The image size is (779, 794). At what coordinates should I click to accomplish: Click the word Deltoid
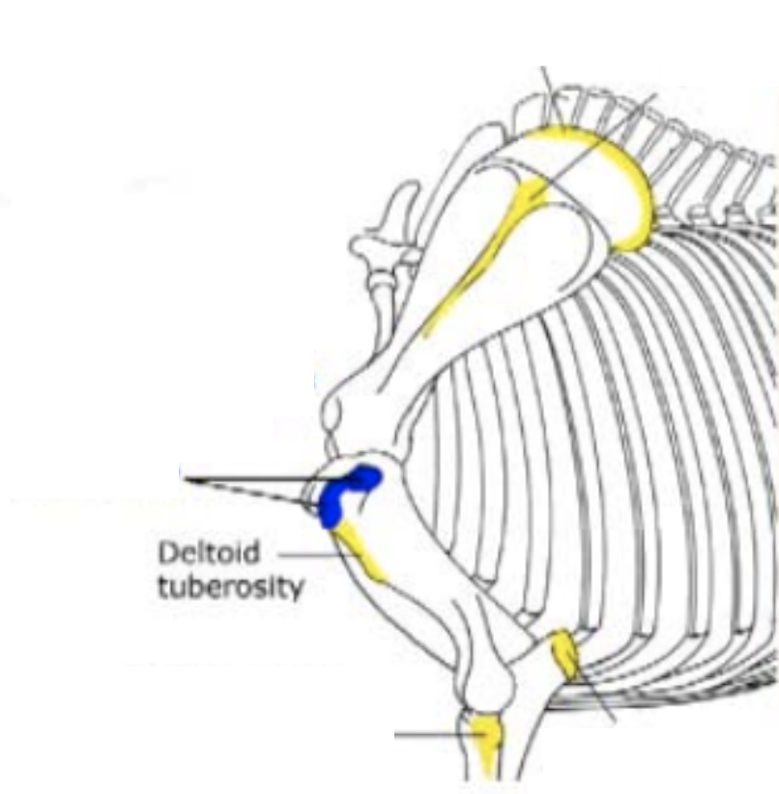(x=196, y=554)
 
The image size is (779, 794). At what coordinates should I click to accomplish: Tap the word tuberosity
(x=230, y=585)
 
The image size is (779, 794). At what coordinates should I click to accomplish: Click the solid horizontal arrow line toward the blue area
(x=261, y=478)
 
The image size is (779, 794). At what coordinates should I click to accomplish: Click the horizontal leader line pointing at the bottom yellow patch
(x=430, y=735)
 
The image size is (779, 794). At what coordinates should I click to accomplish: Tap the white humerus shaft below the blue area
(x=406, y=560)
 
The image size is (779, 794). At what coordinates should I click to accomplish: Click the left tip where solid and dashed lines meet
(x=185, y=478)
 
